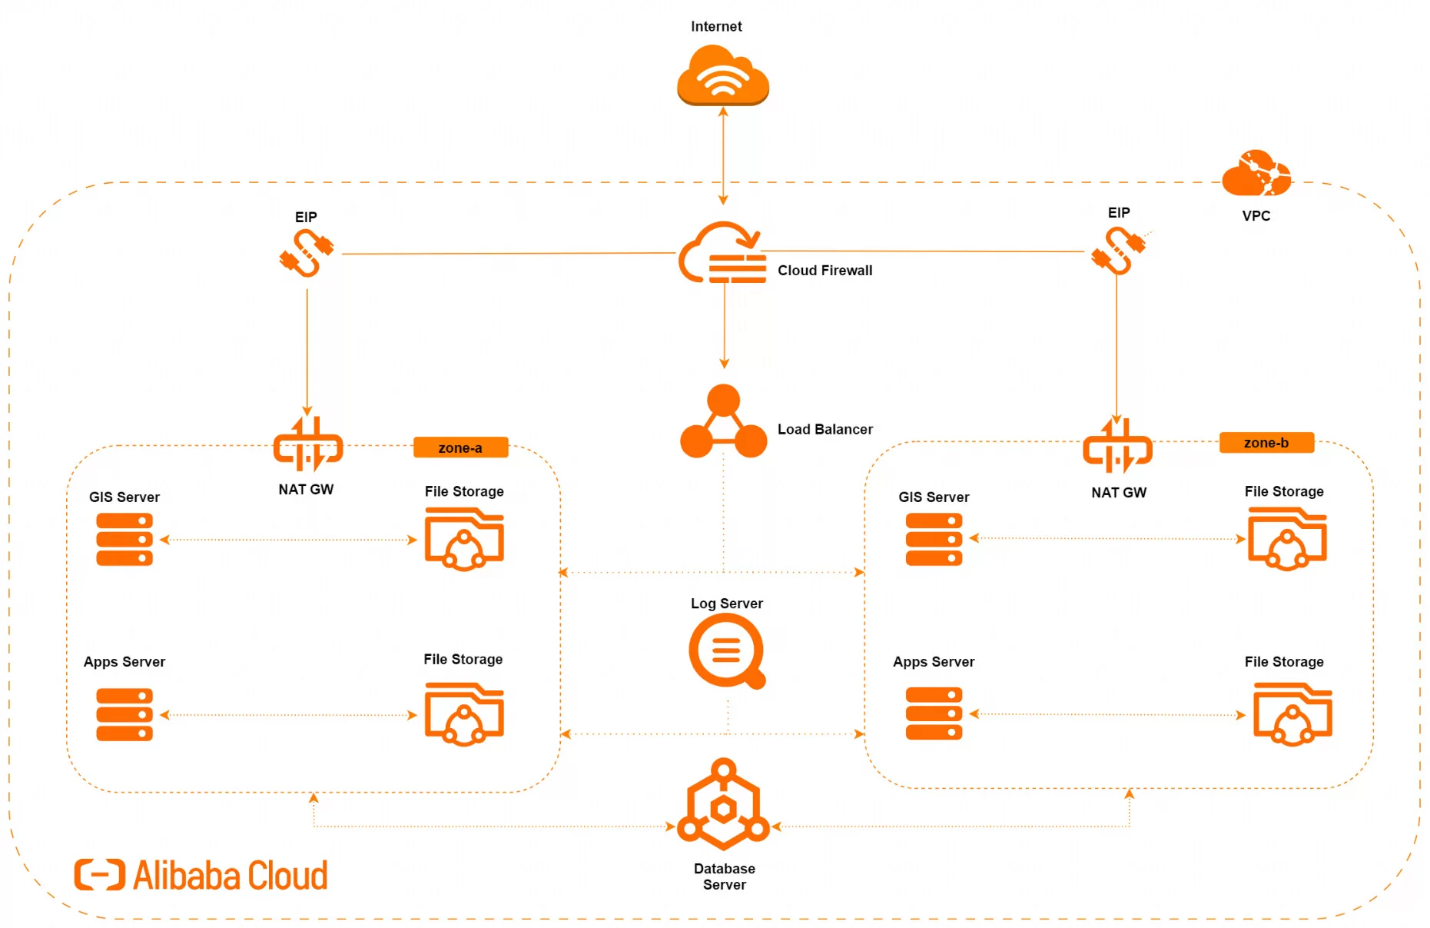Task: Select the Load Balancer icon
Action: [x=723, y=423]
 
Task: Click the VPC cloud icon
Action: [x=1256, y=174]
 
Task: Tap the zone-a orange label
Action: [x=460, y=447]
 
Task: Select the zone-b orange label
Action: [x=1266, y=443]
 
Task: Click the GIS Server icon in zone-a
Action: [x=124, y=540]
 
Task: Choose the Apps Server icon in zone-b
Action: [x=934, y=713]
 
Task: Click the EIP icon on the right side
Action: [x=1119, y=251]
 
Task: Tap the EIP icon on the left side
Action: [x=306, y=253]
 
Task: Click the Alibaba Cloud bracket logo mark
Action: [x=99, y=875]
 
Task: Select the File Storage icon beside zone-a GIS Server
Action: [x=464, y=539]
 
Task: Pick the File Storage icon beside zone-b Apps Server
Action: [x=1292, y=714]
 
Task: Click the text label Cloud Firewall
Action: [x=824, y=271]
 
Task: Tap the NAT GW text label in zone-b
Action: [x=1118, y=493]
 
